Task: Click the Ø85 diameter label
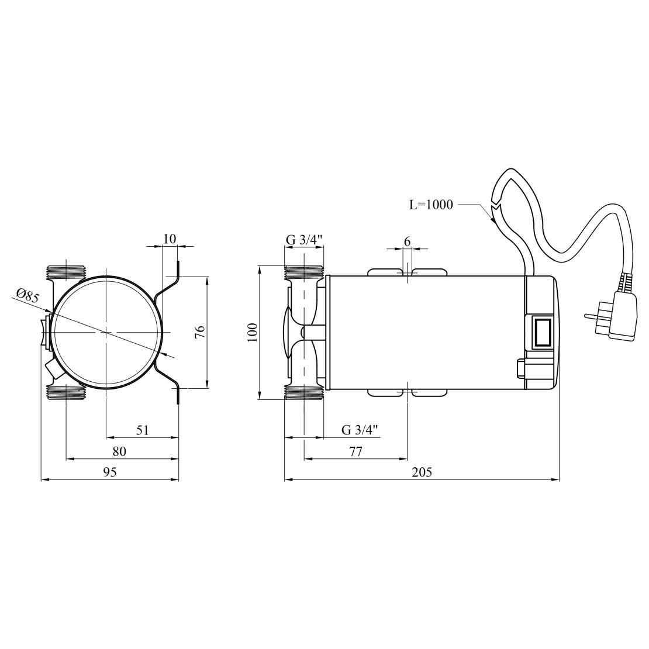coord(27,296)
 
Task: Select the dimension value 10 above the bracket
coord(170,239)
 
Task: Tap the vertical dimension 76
coord(200,332)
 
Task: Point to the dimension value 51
coord(143,430)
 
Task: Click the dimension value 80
coord(119,451)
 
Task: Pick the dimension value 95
coord(110,472)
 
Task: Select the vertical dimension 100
coord(253,332)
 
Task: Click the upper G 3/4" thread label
coord(304,240)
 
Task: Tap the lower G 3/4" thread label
coord(360,430)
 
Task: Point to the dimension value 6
coord(407,241)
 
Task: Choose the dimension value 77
coord(355,451)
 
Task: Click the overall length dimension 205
coord(422,472)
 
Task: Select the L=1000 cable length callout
coord(431,205)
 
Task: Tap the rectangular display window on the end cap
coord(541,332)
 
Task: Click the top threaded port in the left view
coord(65,272)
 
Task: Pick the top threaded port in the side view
coord(304,272)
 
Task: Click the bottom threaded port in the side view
coord(304,392)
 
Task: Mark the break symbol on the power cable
coord(496,213)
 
